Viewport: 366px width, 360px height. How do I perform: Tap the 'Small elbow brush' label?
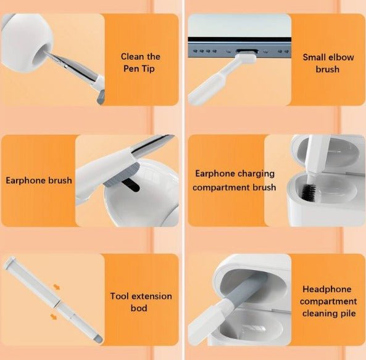(328, 63)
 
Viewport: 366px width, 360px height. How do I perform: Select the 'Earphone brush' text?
(38, 181)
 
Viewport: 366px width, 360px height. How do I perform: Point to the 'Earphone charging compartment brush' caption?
(234, 181)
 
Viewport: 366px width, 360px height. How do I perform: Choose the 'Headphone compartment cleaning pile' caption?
(328, 301)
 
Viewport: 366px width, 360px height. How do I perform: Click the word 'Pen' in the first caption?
(130, 68)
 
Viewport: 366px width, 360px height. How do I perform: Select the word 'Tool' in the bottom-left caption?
(120, 296)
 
